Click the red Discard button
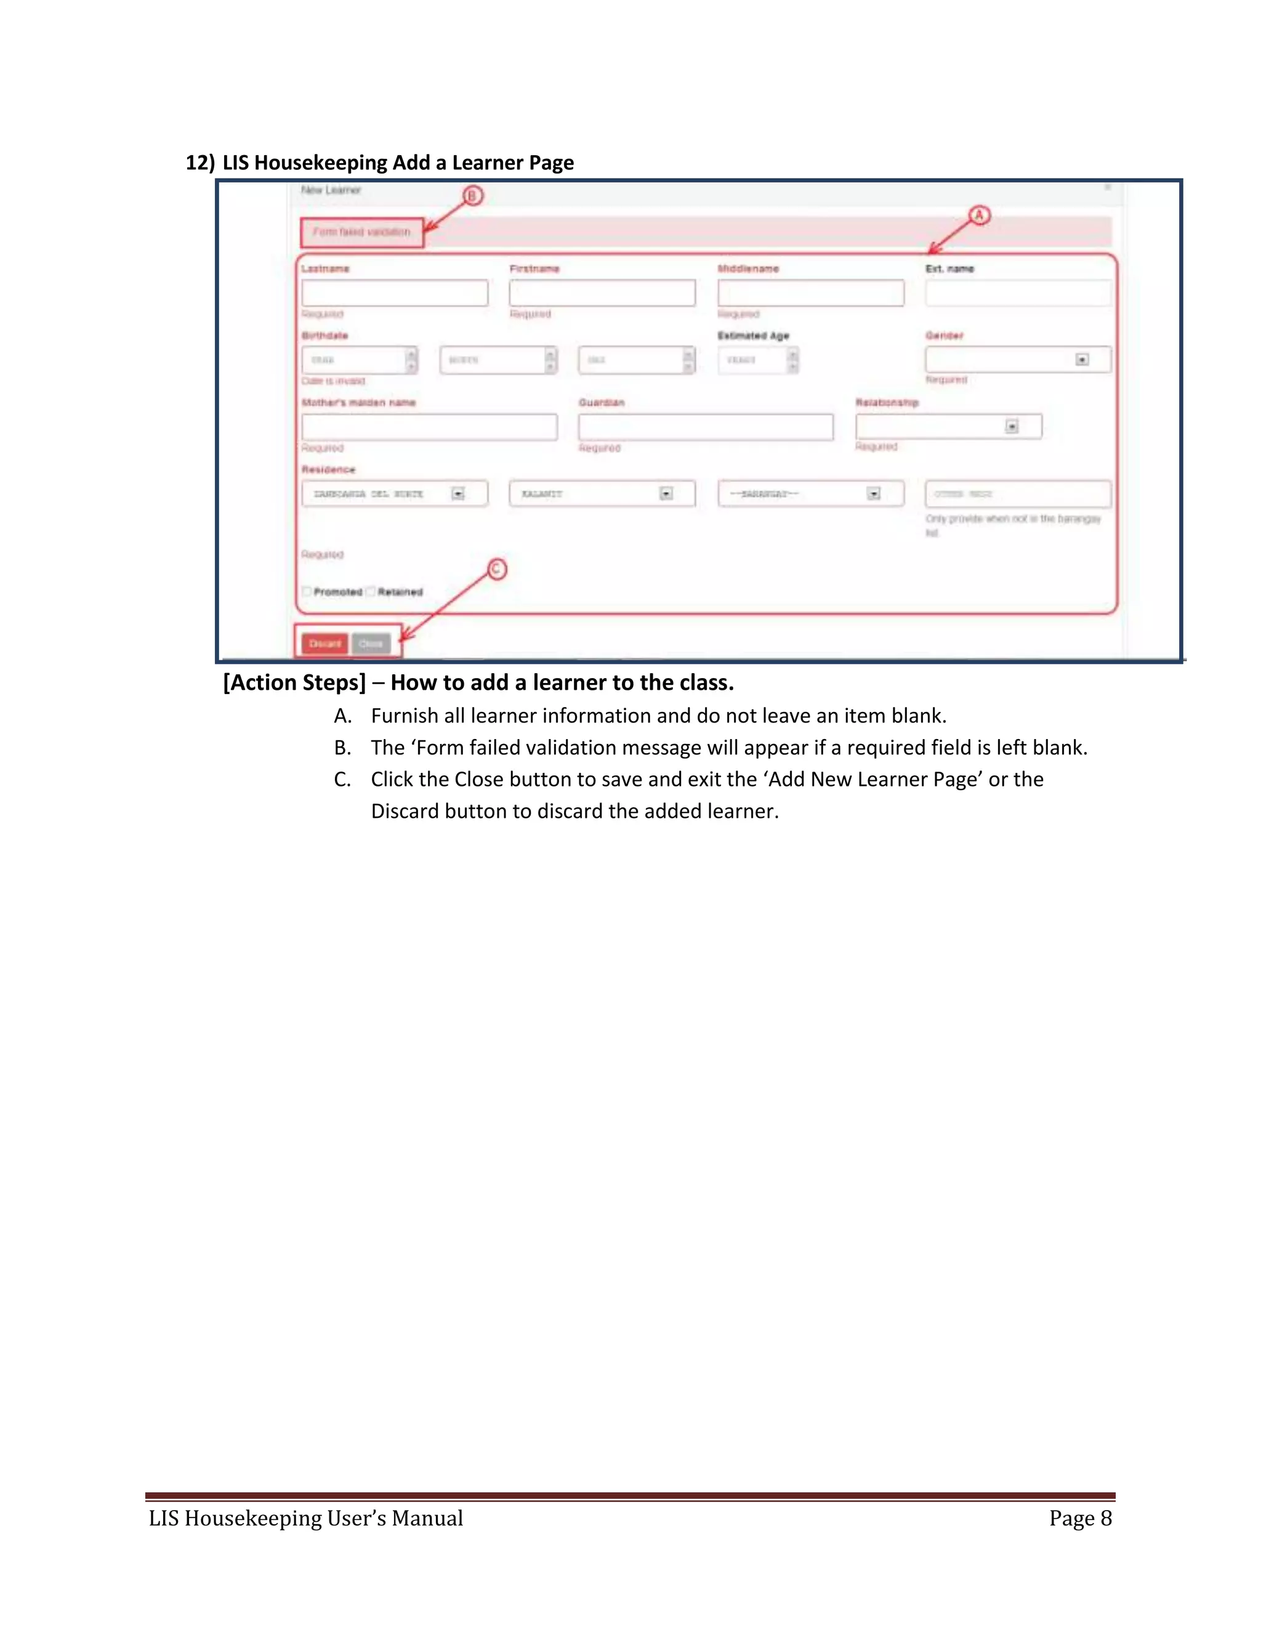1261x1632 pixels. click(324, 644)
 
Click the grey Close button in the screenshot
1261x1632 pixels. click(371, 644)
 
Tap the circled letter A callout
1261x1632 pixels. click(980, 217)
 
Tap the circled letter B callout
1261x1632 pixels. click(472, 196)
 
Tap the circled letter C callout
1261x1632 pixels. click(498, 570)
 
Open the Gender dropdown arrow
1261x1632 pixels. click(1081, 360)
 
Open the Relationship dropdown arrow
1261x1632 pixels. click(1012, 427)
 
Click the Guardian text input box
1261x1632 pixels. click(705, 427)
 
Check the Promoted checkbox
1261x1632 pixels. click(306, 591)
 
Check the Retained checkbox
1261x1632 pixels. click(371, 591)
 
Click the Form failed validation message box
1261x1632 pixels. click(361, 232)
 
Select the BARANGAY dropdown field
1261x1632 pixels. click(810, 494)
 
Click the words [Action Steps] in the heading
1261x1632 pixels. click(294, 682)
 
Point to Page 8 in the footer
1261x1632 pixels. click(1080, 1517)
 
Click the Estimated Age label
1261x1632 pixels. click(753, 336)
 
